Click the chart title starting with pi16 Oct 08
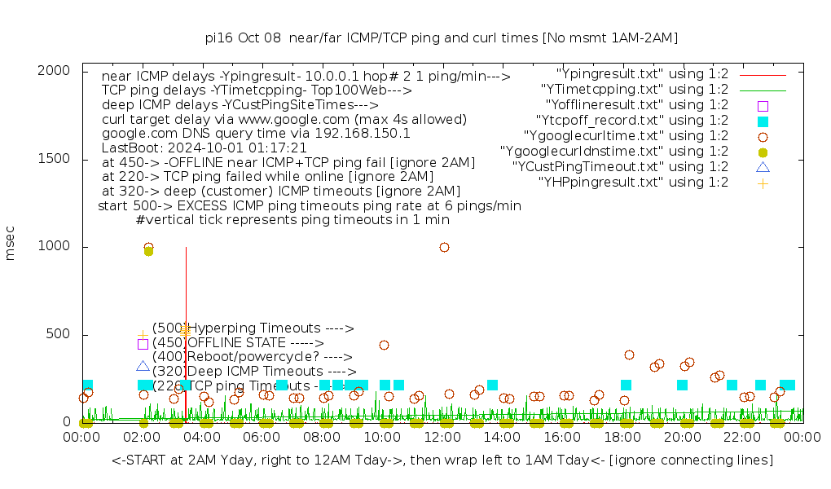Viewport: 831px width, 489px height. [441, 37]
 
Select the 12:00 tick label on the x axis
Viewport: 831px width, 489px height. [442, 438]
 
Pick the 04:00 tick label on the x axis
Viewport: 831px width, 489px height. [202, 438]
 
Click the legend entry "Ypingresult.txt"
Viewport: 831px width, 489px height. [642, 74]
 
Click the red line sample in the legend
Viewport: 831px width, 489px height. [763, 74]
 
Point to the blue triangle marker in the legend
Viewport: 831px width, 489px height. [763, 167]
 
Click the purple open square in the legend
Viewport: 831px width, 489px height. [763, 106]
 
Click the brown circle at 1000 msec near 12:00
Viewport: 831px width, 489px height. [444, 247]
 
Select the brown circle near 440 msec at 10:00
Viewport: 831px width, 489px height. [384, 345]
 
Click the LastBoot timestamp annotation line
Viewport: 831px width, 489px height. [204, 148]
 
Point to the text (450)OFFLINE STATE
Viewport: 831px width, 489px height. [238, 343]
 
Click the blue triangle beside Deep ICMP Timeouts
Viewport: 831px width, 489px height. [143, 367]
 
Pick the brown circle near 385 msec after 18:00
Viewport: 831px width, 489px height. [629, 355]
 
